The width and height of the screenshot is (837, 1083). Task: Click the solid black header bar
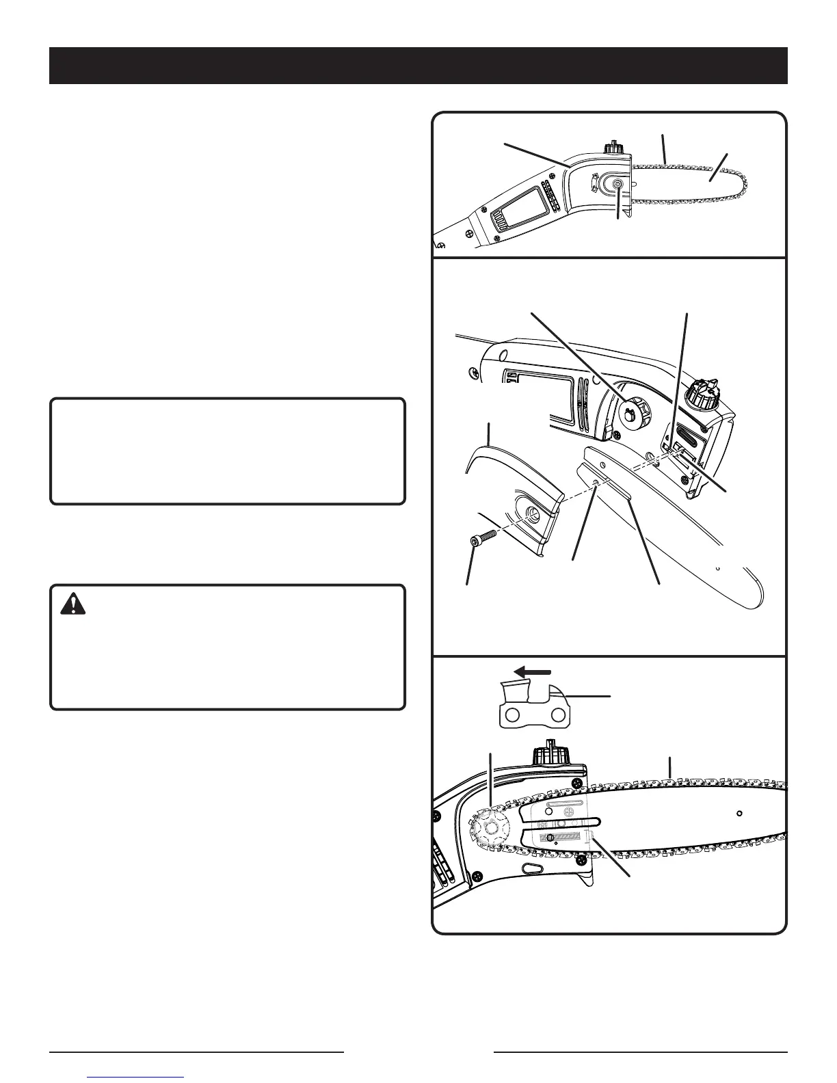(x=418, y=66)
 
